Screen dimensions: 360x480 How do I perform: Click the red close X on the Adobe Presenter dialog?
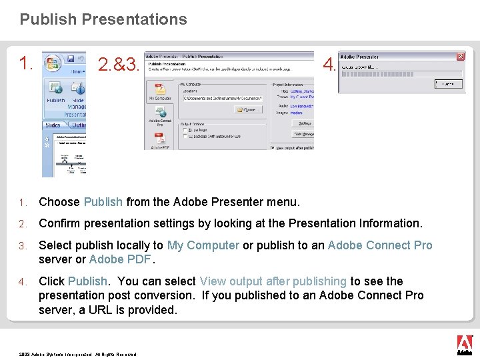(x=460, y=57)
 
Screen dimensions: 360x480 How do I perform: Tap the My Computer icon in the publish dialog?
(x=159, y=91)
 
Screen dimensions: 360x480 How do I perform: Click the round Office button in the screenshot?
(x=53, y=62)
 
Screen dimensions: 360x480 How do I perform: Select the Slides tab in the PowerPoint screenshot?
(x=53, y=125)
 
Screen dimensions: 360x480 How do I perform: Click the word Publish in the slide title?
(x=49, y=19)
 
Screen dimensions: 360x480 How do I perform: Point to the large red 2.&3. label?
(x=119, y=65)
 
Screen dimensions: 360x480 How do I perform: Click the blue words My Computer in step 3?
(x=203, y=245)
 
